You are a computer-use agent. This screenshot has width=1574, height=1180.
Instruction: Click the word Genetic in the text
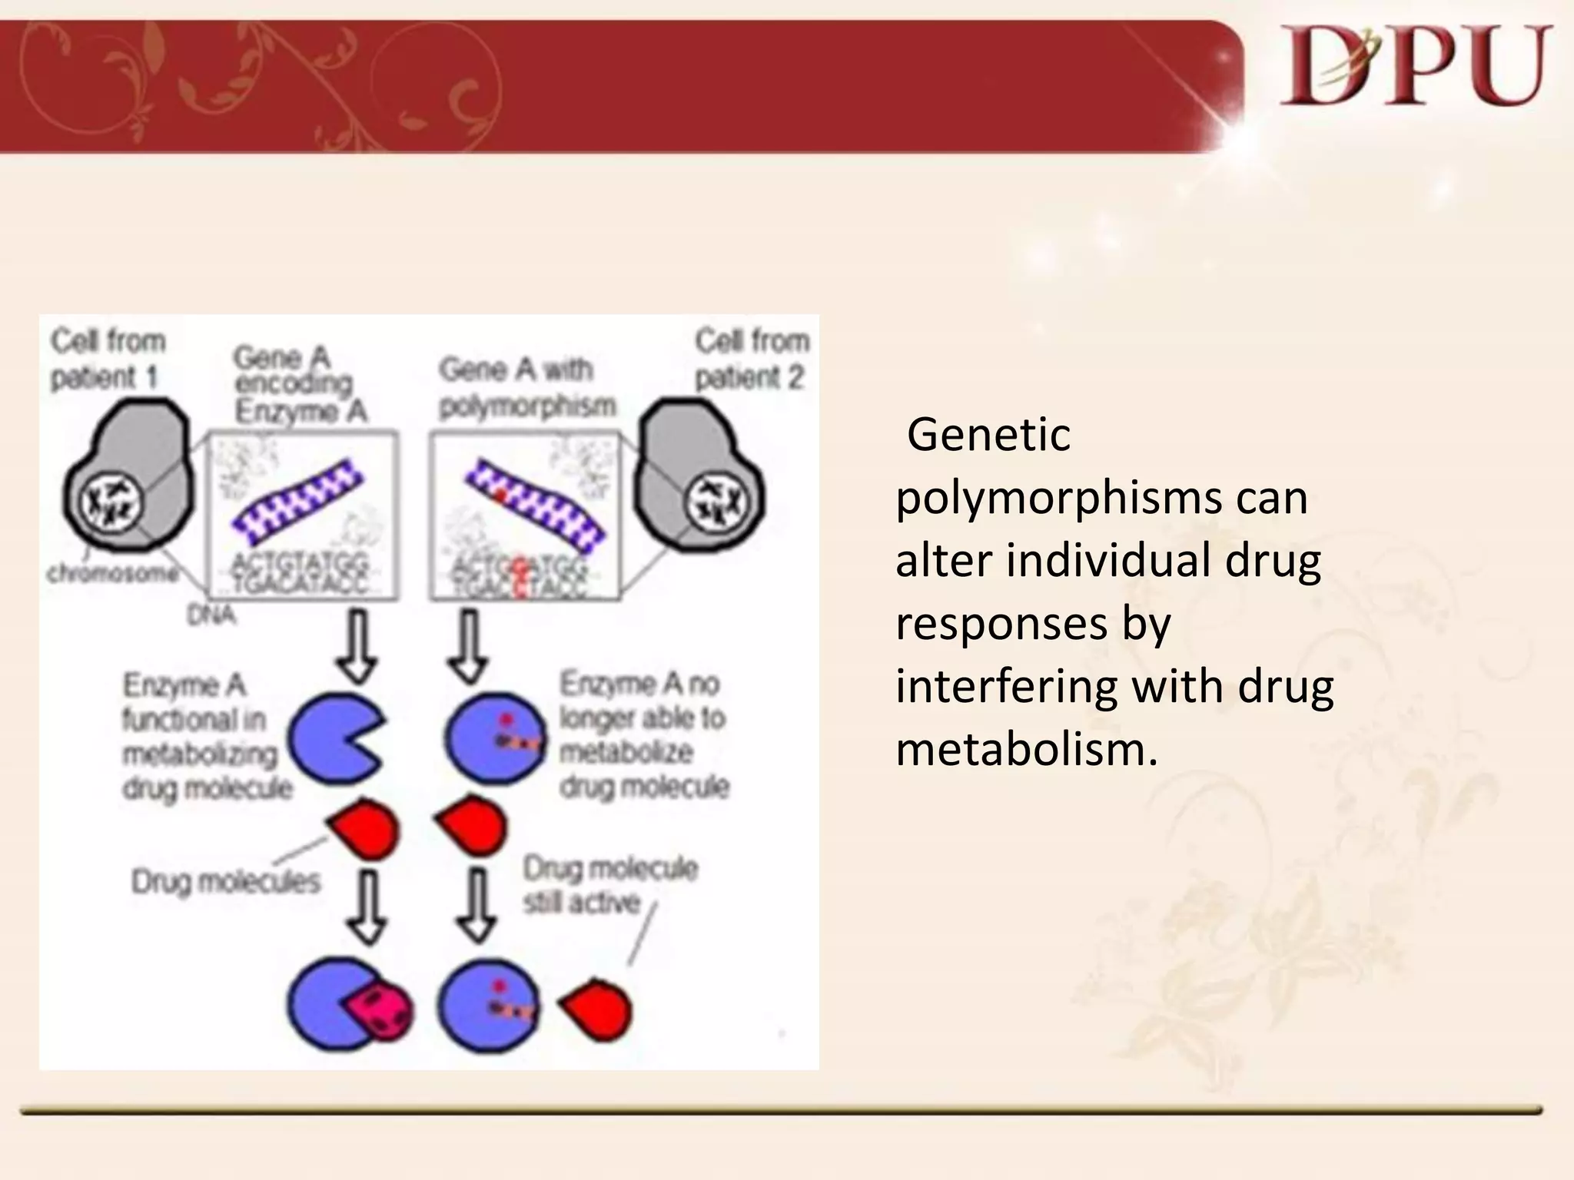pos(988,436)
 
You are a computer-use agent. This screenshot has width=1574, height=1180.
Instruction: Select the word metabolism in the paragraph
pos(1026,750)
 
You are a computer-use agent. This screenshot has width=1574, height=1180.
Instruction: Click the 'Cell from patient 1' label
pos(108,359)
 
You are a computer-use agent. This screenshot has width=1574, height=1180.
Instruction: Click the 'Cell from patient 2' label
pos(752,359)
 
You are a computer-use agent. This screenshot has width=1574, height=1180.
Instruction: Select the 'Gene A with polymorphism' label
pos(527,387)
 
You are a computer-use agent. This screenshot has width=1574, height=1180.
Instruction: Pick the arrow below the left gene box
pos(357,646)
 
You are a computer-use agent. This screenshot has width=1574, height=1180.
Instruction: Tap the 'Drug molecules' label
pos(225,882)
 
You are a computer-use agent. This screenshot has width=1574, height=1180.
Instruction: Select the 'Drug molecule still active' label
pos(610,885)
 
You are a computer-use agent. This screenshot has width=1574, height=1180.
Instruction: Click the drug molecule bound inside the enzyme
pos(380,1010)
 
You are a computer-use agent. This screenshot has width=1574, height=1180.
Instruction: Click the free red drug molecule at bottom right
pos(599,1009)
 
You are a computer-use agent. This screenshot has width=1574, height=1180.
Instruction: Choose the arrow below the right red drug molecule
pos(478,905)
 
